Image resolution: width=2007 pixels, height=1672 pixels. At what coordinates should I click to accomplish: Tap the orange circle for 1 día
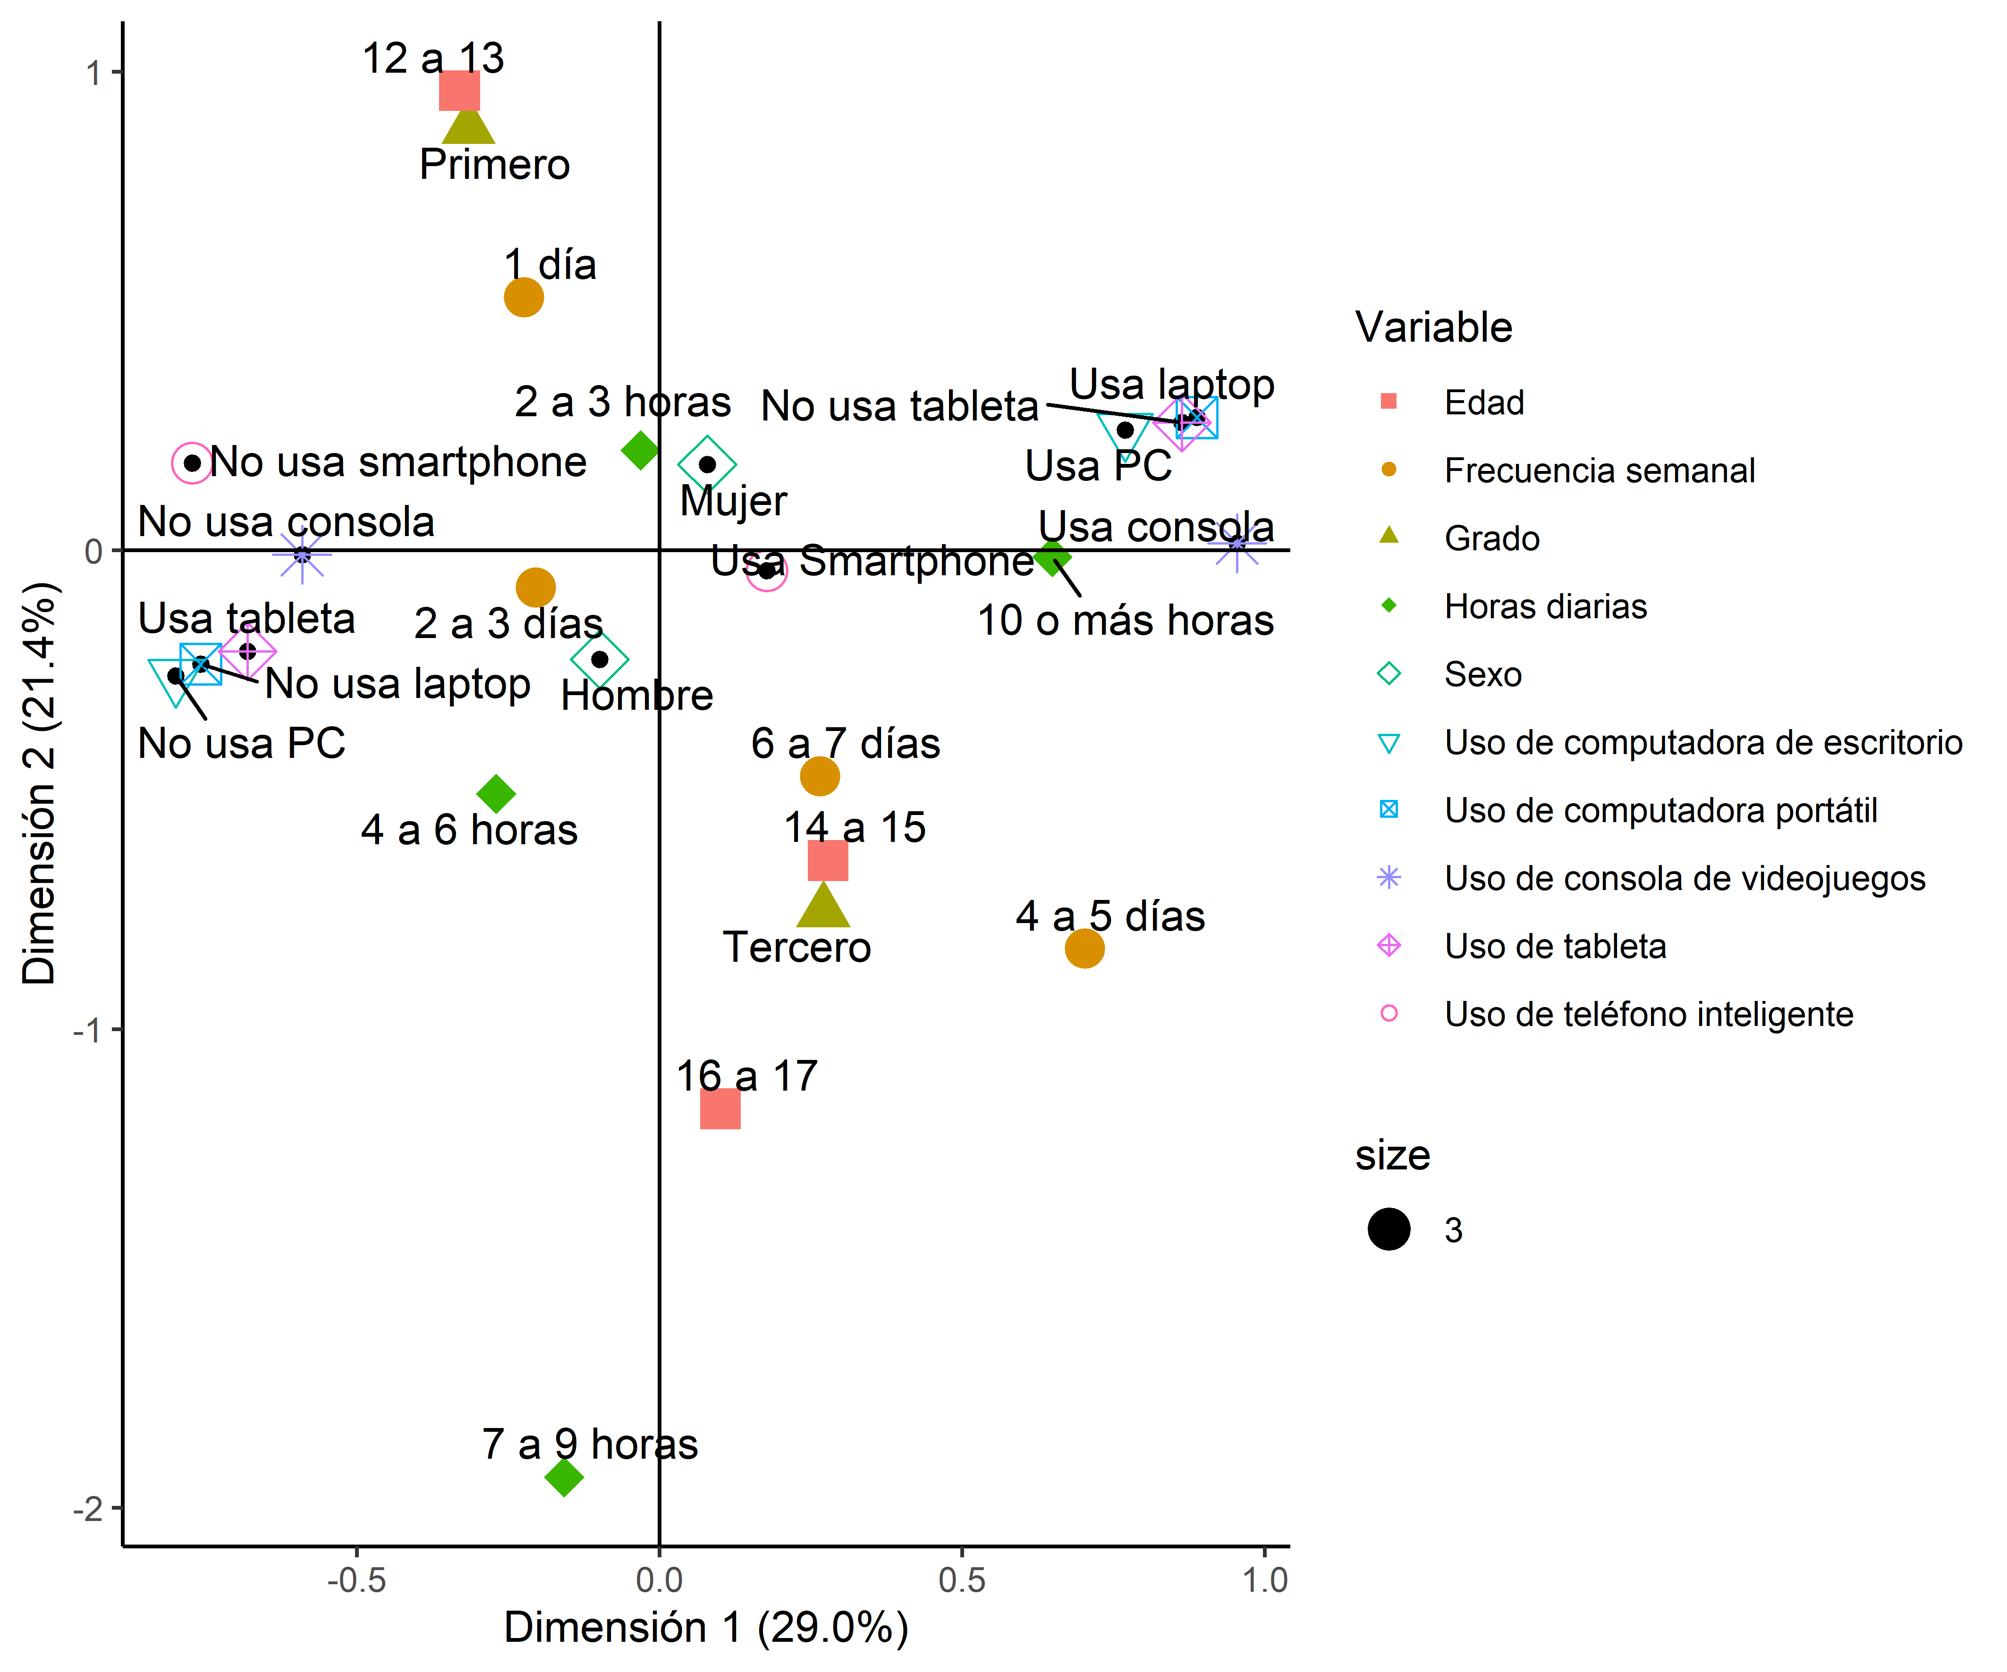pyautogui.click(x=524, y=297)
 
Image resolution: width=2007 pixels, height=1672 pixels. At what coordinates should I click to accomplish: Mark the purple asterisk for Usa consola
pyautogui.click(x=1236, y=543)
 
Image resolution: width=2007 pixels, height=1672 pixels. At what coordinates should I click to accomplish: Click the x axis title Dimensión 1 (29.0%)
pyautogui.click(x=706, y=1628)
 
